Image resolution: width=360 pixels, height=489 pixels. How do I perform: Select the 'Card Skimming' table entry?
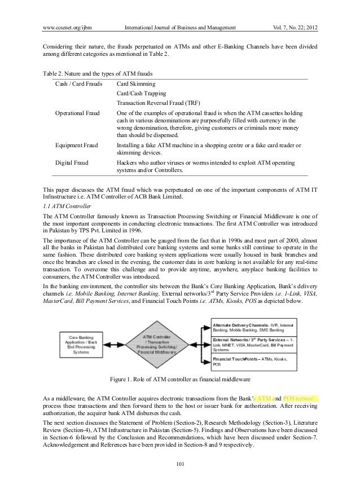click(137, 84)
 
